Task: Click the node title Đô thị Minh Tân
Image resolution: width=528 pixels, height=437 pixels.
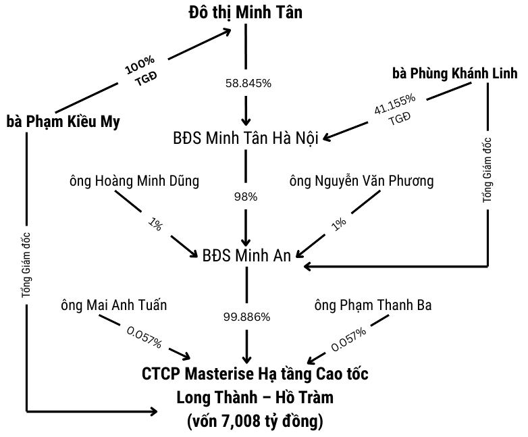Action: point(246,11)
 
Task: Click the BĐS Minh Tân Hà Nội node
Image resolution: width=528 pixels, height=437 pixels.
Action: point(246,139)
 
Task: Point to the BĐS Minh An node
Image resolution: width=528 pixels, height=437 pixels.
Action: point(246,255)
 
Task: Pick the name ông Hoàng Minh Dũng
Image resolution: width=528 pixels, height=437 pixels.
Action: point(134,181)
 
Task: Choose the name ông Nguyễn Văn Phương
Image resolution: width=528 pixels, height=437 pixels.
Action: point(361,181)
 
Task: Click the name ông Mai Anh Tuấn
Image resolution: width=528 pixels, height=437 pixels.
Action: point(113,305)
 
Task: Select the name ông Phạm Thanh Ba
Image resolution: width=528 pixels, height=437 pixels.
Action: point(373,305)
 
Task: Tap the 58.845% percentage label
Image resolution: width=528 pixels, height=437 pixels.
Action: point(247,84)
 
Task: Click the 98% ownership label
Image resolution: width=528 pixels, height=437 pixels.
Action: point(246,197)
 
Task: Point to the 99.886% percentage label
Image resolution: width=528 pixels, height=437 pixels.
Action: point(246,315)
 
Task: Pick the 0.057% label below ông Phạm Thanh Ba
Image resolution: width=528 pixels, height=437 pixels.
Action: point(348,340)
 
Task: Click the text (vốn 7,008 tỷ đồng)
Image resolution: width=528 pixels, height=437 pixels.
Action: point(255,422)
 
